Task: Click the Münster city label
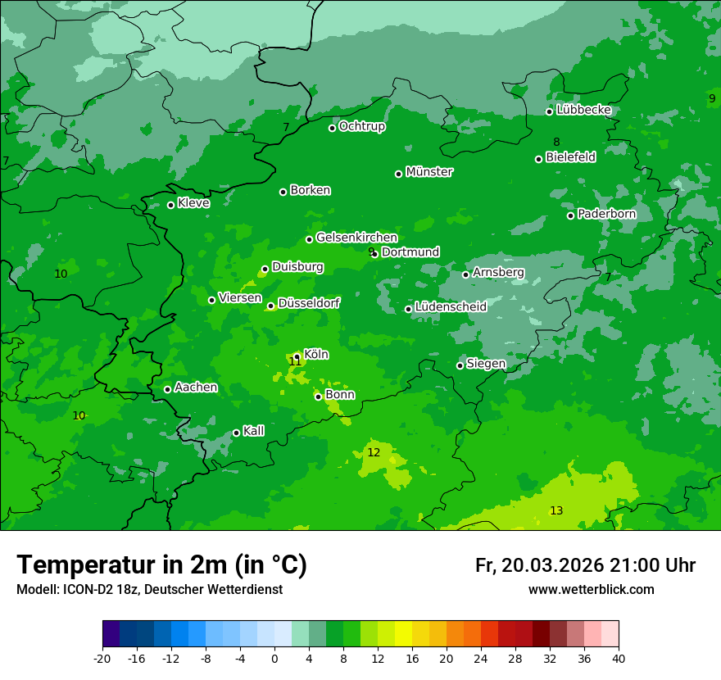point(429,172)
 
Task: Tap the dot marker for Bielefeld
point(538,159)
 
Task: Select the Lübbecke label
point(583,110)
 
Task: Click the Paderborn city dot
point(570,215)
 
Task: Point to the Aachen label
point(196,388)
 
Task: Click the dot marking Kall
point(236,433)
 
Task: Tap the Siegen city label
point(486,364)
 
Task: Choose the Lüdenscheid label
point(451,307)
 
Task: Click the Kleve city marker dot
point(170,205)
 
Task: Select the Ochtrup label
point(362,126)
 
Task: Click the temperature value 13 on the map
point(556,510)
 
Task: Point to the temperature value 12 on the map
point(374,452)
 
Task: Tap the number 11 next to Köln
point(295,361)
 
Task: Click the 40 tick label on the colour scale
point(619,658)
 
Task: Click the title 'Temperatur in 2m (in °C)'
point(161,564)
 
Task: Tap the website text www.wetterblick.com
point(591,590)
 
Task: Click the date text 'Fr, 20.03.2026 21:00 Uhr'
point(585,565)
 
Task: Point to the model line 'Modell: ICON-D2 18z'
point(149,590)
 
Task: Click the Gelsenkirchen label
point(356,238)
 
